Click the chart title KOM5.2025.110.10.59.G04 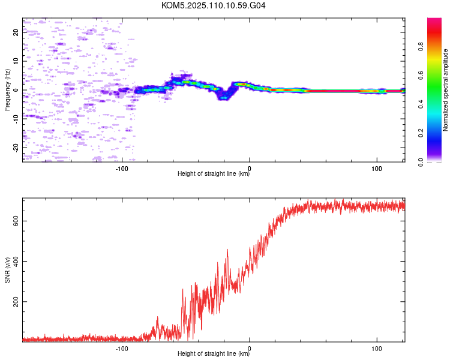click(x=213, y=5)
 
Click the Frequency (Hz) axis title click(x=7, y=90)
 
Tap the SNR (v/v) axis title click(x=7, y=270)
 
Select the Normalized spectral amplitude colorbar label click(x=445, y=90)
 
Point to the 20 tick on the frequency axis click(x=16, y=32)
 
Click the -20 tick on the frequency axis click(x=16, y=148)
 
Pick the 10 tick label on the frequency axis click(x=16, y=61)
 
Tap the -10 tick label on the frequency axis click(x=16, y=119)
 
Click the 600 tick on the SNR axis click(x=16, y=221)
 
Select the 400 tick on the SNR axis click(x=16, y=262)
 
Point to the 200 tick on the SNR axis click(x=16, y=302)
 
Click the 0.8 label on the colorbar click(x=421, y=46)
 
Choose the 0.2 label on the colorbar click(x=421, y=133)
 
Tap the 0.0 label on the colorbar click(x=421, y=162)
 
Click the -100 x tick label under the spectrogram click(x=122, y=169)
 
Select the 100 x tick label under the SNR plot click(x=377, y=349)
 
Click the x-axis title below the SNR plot click(x=214, y=353)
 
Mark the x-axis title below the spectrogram click(x=214, y=173)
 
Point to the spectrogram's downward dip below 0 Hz click(x=224, y=96)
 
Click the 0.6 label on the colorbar click(x=421, y=75)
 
